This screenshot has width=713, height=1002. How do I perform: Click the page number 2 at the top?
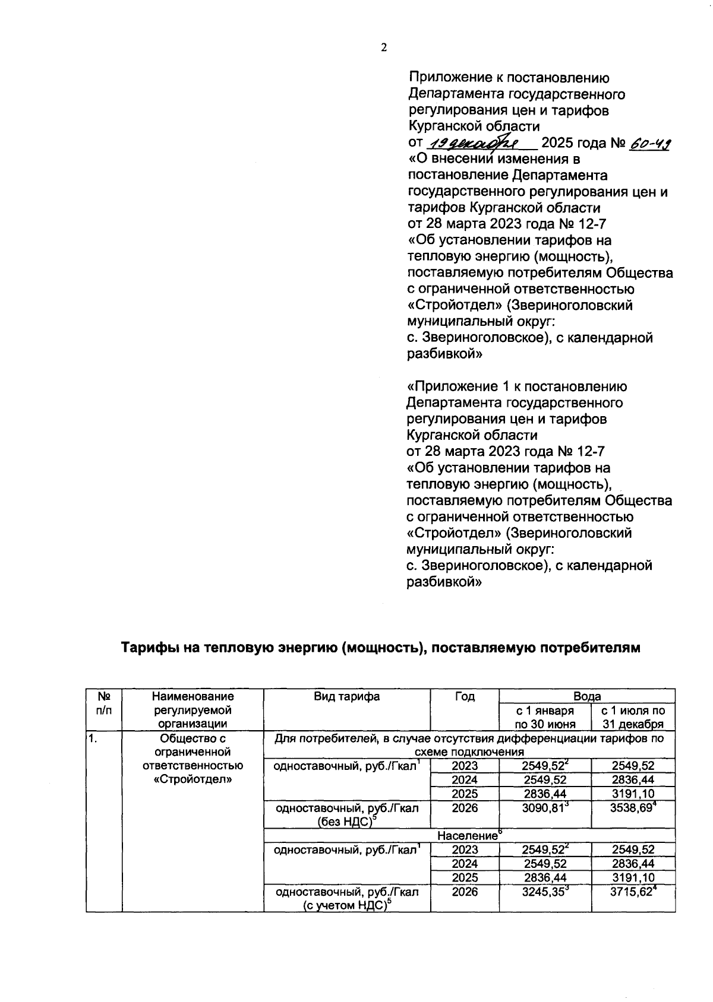pos(383,48)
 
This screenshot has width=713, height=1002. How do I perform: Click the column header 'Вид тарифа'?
pos(347,696)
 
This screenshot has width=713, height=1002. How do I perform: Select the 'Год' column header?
pos(465,696)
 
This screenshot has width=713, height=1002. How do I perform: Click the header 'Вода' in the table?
pos(587,696)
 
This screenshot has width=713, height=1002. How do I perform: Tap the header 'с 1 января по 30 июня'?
pos(545,717)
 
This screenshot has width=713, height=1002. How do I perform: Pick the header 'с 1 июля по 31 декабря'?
pos(633,717)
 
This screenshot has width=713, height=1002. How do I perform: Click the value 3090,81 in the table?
pos(542,808)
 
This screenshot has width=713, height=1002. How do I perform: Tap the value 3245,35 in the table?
pos(542,892)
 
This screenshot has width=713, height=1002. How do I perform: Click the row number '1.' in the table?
pos(93,739)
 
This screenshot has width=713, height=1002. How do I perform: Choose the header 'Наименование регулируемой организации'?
pos(193,710)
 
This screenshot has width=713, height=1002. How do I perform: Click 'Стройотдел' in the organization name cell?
pos(193,779)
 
